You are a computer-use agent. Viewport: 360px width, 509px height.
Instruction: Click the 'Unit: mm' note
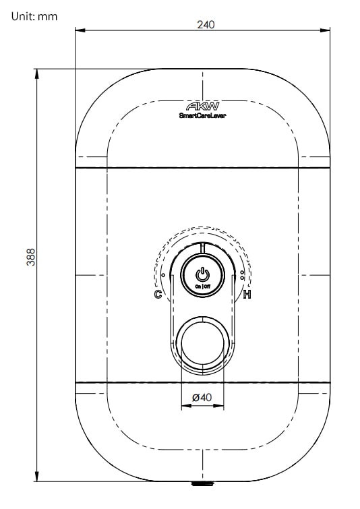coord(34,17)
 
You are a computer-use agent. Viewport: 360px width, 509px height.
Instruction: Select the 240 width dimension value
coord(206,25)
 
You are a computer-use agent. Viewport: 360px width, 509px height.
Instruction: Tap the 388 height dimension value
coord(31,257)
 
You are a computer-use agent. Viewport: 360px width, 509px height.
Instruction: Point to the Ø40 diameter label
coord(202,397)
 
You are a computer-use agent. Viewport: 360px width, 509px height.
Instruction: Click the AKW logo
coord(202,106)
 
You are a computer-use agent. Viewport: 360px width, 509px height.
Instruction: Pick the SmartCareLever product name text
coord(202,115)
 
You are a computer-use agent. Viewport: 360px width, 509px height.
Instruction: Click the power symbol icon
coord(202,274)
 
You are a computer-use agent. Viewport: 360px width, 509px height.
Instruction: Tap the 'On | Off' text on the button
coord(202,287)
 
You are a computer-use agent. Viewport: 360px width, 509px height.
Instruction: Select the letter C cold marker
coord(158,294)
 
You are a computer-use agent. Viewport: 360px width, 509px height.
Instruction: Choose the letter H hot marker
coord(247,295)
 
